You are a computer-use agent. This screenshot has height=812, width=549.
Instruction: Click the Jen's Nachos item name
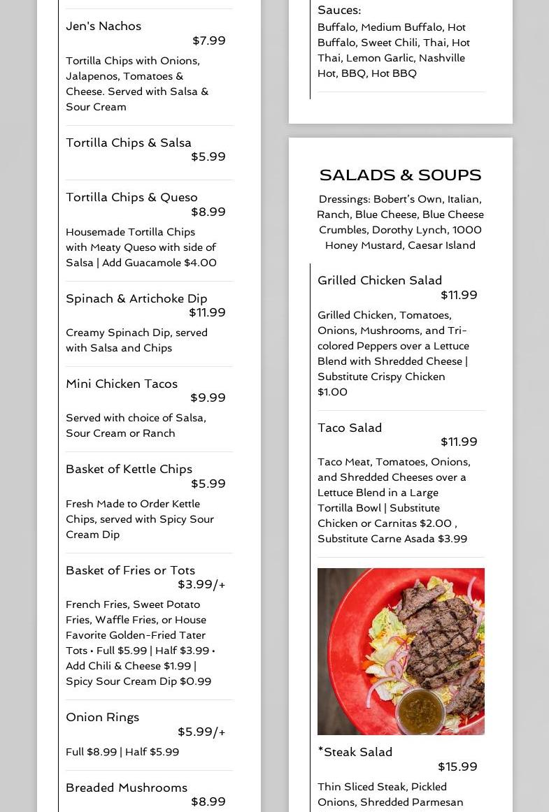coord(104,27)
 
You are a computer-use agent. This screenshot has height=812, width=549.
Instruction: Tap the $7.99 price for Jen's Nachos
coord(208,41)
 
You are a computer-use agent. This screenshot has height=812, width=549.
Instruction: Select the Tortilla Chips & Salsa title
coord(129,143)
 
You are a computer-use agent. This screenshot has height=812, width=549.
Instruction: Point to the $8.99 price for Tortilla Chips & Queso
coord(208,212)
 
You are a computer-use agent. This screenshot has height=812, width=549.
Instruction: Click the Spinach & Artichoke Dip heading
coord(136,298)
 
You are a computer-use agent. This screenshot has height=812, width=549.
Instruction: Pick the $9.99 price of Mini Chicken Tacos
coord(208,398)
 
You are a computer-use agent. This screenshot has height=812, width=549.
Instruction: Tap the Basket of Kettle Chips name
coord(129,469)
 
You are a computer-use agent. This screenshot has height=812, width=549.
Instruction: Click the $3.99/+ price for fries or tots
coord(201,584)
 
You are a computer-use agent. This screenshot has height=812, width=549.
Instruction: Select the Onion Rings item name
coord(102,717)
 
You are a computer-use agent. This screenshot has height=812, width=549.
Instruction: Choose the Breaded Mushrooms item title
coord(127,788)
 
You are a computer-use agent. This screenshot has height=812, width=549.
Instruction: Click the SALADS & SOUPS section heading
coord(400,175)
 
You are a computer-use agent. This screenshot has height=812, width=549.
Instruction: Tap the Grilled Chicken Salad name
coord(380,280)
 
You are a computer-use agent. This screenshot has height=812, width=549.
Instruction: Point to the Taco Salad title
coord(350,428)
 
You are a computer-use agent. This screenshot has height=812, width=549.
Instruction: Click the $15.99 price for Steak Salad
coord(457,767)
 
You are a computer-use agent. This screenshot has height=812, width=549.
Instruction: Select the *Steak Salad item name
coord(355,752)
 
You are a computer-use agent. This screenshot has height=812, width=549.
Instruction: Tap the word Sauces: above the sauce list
coord(339,10)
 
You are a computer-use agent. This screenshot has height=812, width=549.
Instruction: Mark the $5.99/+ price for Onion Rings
coord(201,732)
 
